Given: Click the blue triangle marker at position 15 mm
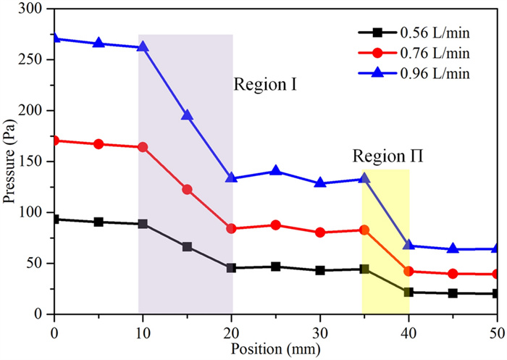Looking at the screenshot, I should [187, 115].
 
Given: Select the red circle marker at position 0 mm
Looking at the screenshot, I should [54, 141].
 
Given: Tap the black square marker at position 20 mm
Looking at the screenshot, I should [231, 268].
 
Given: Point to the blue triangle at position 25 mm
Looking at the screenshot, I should [276, 171].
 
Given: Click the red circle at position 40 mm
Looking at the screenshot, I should [408, 272].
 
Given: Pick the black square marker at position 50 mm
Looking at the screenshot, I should [497, 293].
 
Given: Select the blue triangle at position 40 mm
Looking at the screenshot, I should [408, 246].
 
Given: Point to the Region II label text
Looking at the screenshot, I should [388, 156].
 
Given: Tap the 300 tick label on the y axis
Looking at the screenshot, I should [33, 9].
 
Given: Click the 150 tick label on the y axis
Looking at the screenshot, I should [33, 111].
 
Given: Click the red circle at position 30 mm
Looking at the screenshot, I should [320, 233].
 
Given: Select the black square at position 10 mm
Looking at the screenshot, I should [143, 224].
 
